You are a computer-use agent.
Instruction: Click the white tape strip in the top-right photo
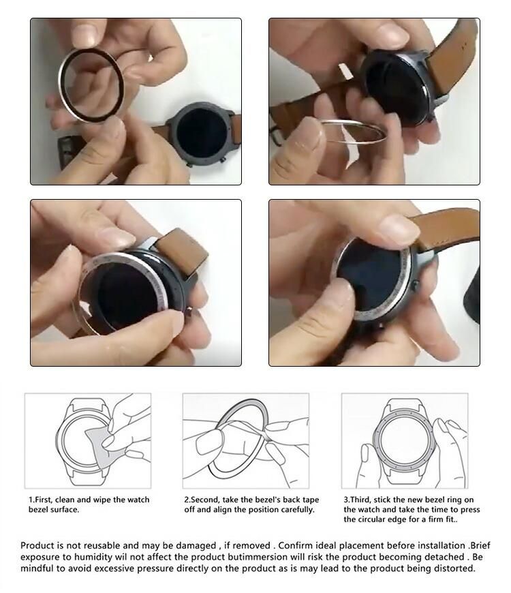[345, 71]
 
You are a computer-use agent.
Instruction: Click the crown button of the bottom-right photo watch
[416, 285]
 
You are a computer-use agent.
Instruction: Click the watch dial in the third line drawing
[403, 440]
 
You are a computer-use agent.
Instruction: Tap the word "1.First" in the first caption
[41, 500]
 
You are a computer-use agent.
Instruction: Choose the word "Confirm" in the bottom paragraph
[294, 545]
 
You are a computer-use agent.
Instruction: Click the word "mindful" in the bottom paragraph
[36, 568]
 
